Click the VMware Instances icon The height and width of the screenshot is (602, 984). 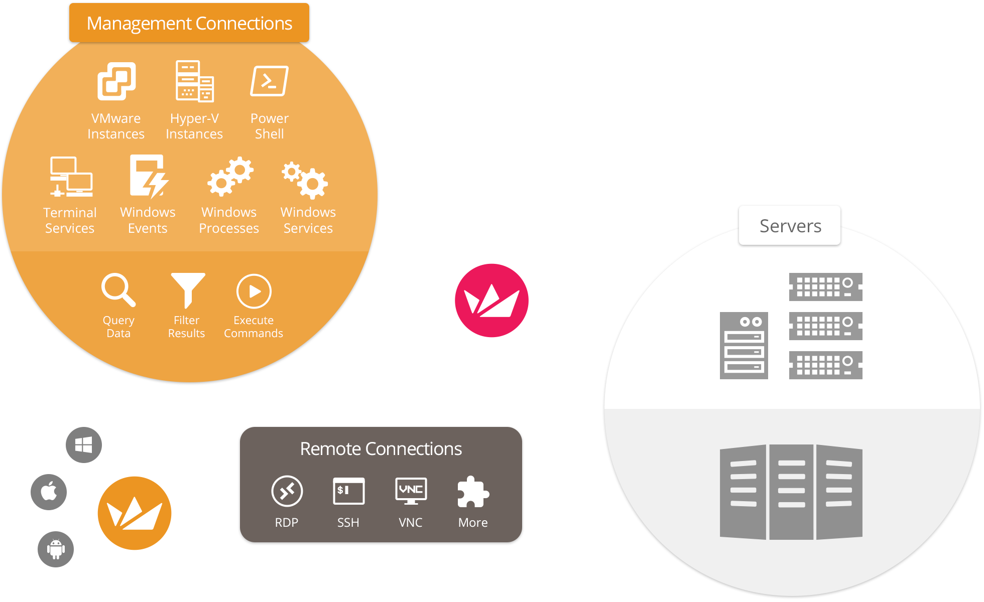tap(116, 81)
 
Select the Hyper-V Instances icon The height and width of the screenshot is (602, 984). tap(194, 81)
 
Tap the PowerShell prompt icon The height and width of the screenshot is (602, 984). tap(269, 81)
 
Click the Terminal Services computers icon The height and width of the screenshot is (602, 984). tap(71, 177)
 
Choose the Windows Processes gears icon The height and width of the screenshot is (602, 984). tap(230, 177)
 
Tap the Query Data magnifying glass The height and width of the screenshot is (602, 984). tap(118, 290)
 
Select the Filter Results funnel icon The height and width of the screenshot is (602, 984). tap(187, 290)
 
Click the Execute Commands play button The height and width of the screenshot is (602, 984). tap(254, 291)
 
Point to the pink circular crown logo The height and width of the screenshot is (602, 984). tap(491, 300)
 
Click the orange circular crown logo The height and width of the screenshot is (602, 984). tap(135, 513)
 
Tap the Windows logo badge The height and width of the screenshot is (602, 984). tap(84, 445)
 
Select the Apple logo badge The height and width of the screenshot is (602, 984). tap(49, 492)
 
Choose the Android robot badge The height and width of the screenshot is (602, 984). tap(56, 549)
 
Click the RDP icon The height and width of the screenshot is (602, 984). tap(287, 491)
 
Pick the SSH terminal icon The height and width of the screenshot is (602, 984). tap(348, 491)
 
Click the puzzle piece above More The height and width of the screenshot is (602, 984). tap(472, 492)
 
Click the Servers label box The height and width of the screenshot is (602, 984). tap(790, 226)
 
